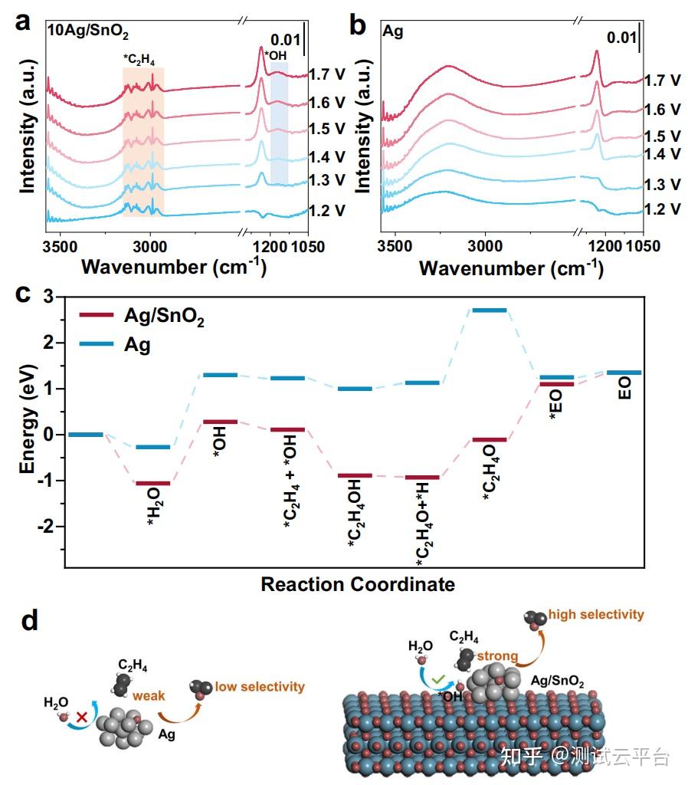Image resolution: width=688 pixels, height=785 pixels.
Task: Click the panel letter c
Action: (22, 294)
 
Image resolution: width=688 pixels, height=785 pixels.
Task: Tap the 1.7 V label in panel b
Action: (663, 80)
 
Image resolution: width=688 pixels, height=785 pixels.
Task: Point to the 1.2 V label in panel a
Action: (328, 210)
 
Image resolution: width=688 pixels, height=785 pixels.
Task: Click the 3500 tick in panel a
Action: (59, 247)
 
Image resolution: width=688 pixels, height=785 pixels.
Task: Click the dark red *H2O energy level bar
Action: (152, 483)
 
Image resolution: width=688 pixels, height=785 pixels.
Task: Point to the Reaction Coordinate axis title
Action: (358, 584)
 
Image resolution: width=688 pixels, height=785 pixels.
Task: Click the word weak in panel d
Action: (149, 695)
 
